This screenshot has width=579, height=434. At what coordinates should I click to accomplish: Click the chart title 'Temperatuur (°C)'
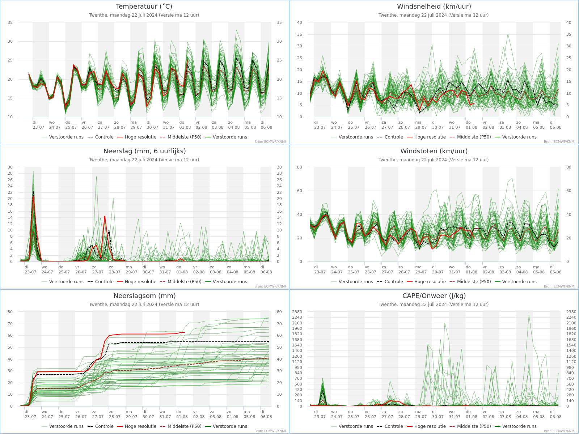tap(144, 6)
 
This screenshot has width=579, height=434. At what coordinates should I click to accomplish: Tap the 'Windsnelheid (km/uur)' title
tap(434, 6)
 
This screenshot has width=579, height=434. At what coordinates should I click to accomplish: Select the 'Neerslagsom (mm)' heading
tap(144, 295)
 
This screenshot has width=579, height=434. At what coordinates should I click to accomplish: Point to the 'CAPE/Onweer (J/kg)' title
tap(434, 295)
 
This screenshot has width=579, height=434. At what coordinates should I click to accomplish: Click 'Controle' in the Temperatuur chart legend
tap(104, 137)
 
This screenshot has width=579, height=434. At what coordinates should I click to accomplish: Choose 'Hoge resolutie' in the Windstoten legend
tap(430, 282)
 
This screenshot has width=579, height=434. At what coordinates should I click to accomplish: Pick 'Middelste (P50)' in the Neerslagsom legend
tap(185, 426)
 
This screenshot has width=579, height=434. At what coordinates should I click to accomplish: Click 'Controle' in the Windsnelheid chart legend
tap(394, 137)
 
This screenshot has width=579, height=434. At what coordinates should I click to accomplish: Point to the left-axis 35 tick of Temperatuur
tap(10, 23)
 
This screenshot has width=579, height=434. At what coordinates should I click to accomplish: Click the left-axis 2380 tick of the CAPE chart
tap(297, 312)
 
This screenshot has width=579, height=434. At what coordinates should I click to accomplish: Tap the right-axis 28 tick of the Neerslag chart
tap(279, 173)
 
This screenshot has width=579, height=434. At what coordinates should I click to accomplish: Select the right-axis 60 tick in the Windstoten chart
tap(569, 191)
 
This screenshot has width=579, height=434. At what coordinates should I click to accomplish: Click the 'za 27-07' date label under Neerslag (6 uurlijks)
tap(98, 269)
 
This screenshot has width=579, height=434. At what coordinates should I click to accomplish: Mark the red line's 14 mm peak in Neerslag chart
tap(105, 216)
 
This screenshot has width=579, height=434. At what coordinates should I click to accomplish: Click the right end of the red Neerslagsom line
tap(185, 332)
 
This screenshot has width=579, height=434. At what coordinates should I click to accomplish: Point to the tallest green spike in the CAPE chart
tap(529, 315)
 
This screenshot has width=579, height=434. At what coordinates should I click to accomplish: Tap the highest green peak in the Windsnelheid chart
tap(508, 34)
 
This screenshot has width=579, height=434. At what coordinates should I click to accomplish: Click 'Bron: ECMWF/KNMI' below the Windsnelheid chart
tap(559, 142)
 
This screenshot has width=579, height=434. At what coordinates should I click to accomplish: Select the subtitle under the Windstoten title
tap(434, 160)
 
